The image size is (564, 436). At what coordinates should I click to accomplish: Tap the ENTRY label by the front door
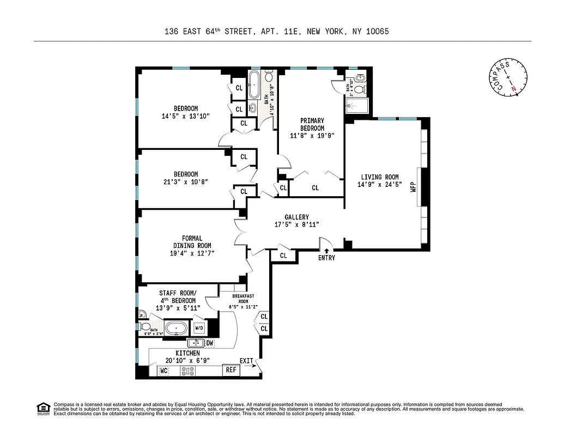(326, 258)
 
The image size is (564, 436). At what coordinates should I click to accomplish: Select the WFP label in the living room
(413, 184)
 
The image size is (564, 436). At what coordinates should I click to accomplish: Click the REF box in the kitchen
(232, 370)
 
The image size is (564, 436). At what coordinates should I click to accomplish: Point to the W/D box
(199, 328)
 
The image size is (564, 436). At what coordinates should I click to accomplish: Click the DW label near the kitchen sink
(209, 343)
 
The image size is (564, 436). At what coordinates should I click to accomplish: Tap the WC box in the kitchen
(163, 371)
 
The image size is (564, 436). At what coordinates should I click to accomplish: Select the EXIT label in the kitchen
(246, 361)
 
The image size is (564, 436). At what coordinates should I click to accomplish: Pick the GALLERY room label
(296, 217)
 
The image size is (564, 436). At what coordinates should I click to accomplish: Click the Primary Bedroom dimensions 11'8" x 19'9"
(312, 136)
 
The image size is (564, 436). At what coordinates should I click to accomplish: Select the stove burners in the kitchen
(188, 371)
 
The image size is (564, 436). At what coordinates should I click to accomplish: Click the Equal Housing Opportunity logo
(42, 408)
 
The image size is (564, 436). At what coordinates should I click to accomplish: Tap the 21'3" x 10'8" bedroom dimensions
(186, 181)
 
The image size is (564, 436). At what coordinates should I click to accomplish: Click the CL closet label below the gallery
(283, 256)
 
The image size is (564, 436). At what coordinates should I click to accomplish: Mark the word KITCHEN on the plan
(187, 353)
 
